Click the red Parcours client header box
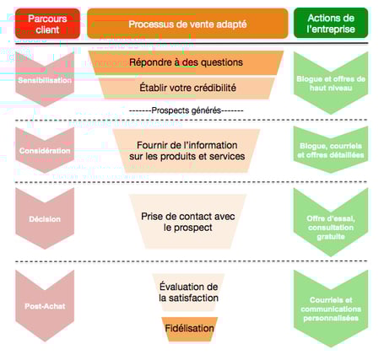pos(47,24)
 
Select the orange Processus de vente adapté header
pos(187,24)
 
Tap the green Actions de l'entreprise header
pos(331,24)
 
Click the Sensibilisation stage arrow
pos(46,79)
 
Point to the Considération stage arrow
pos(46,149)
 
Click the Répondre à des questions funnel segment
pos(187,62)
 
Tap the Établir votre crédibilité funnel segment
pos(187,88)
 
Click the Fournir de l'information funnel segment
pos(187,149)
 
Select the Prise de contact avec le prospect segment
pos(187,221)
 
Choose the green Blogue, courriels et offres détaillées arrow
pos(331,149)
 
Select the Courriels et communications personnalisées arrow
pos(331,308)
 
